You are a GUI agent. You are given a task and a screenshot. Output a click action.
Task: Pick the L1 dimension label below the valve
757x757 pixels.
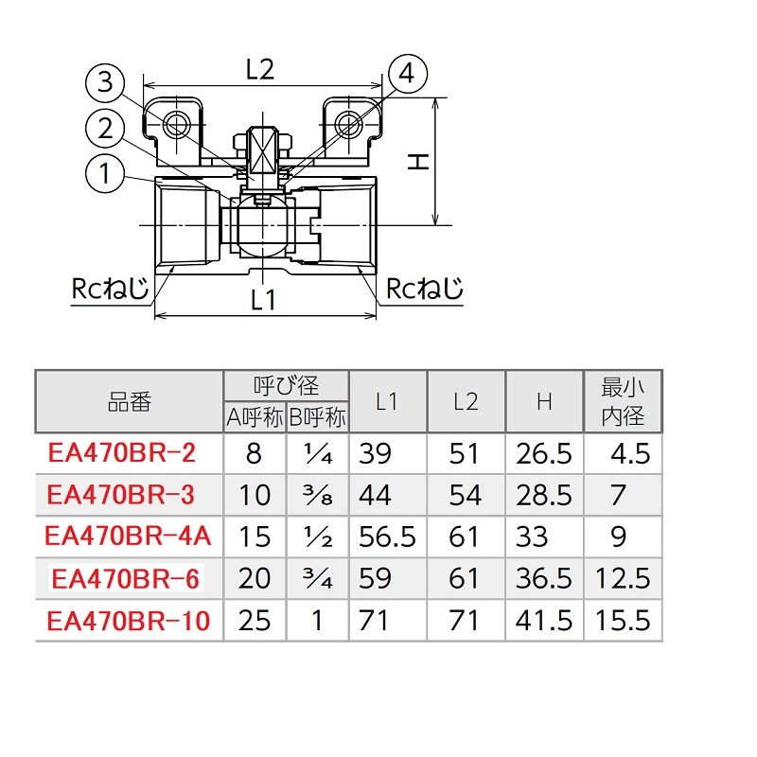pos(263,299)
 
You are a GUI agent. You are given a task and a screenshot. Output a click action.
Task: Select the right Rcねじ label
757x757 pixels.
pos(424,288)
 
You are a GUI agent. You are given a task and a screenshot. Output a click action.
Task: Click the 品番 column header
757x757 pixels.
pos(129,401)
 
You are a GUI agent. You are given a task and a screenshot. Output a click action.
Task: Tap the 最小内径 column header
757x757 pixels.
pos(623,401)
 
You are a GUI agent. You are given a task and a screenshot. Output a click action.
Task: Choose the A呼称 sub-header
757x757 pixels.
pos(255,416)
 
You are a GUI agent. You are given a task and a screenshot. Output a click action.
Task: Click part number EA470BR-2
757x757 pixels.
pos(121,453)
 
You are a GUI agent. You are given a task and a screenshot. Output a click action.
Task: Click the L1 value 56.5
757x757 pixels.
pos(388,537)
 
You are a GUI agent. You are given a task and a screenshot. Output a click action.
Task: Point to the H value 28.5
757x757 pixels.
pos(544,495)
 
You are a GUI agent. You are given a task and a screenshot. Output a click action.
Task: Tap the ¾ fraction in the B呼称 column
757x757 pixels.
pos(317,578)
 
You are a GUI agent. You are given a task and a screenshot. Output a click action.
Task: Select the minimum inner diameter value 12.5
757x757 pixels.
pos(623,578)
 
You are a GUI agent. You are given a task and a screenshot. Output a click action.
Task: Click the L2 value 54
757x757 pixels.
pos(465,495)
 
